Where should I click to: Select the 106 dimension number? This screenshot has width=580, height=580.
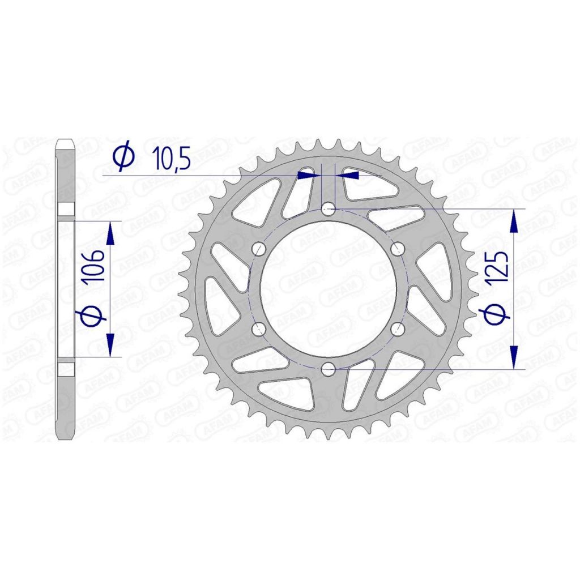(x=93, y=267)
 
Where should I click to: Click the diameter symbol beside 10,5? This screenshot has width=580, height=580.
(x=124, y=155)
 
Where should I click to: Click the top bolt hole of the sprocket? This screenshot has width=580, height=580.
(x=328, y=210)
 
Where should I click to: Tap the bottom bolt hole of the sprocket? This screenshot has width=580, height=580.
(x=328, y=369)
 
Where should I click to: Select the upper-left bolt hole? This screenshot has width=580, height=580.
(x=259, y=249)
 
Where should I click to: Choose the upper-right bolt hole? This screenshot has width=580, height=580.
(x=397, y=249)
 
